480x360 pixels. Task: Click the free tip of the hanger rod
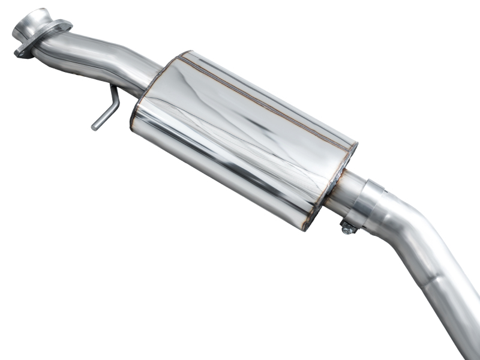coord(95,127)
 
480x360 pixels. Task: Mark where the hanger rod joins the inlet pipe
coord(112,89)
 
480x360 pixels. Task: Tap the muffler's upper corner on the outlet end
coord(354,147)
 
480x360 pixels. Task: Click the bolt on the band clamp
coord(347,227)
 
